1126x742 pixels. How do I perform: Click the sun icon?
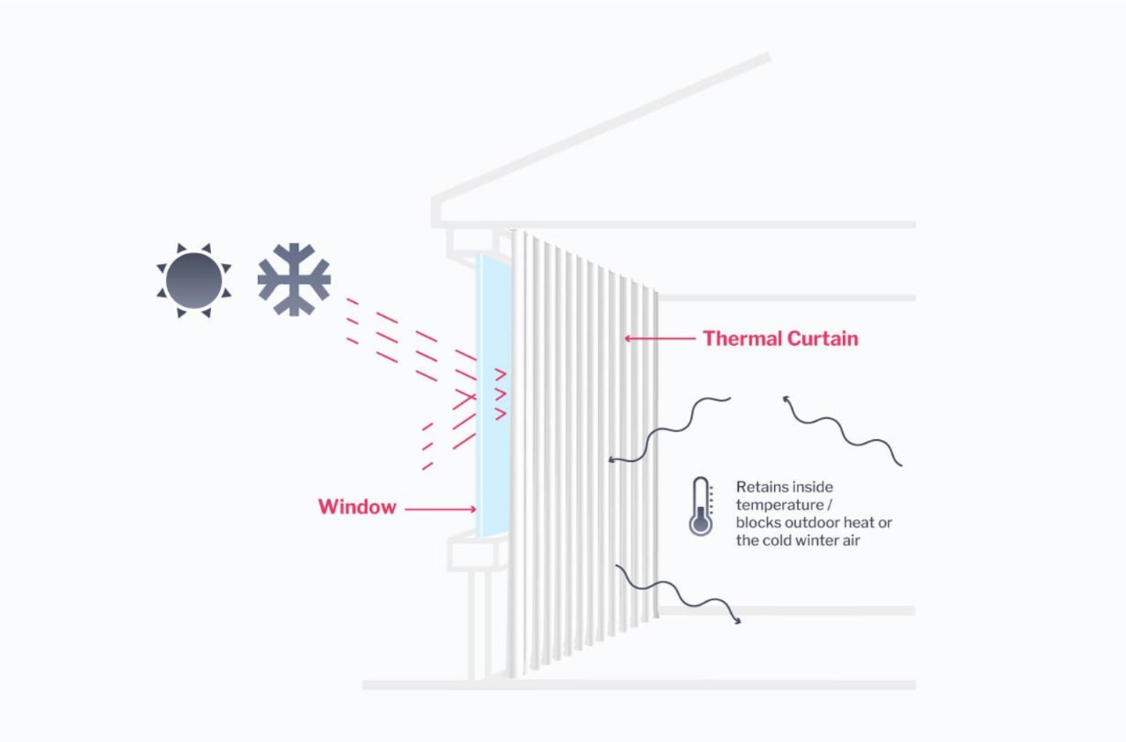pos(194,280)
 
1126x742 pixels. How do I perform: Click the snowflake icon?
pos(294,279)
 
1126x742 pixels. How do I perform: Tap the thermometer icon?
pos(701,507)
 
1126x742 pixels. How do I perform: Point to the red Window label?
pos(357,507)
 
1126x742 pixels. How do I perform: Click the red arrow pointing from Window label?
pos(440,509)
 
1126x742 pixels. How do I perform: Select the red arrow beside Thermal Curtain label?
pos(659,338)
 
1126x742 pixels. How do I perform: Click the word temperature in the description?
pos(779,505)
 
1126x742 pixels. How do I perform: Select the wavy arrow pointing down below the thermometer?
pos(677,594)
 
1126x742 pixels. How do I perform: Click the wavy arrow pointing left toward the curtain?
pos(669,430)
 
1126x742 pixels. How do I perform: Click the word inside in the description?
pos(813,487)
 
